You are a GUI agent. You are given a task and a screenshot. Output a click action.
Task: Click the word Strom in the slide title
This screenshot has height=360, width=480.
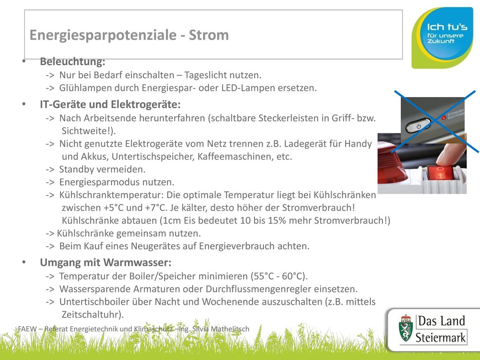tap(209, 35)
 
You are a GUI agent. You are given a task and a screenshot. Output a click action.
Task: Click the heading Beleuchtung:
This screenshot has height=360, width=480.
tap(73, 61)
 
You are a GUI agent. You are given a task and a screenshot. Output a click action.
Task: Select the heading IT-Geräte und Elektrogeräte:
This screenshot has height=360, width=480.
tap(110, 105)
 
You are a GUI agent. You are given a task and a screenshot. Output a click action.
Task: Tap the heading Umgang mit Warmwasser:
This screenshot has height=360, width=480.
tap(105, 262)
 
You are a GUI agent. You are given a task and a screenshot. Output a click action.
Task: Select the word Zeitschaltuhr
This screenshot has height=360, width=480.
tap(91, 315)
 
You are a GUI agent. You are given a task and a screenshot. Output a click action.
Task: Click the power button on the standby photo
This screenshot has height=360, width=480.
tap(418, 126)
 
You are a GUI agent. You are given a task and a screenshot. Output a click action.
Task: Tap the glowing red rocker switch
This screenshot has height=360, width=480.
tap(440, 173)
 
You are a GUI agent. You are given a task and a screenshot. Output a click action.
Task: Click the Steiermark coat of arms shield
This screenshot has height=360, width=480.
tap(405, 329)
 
